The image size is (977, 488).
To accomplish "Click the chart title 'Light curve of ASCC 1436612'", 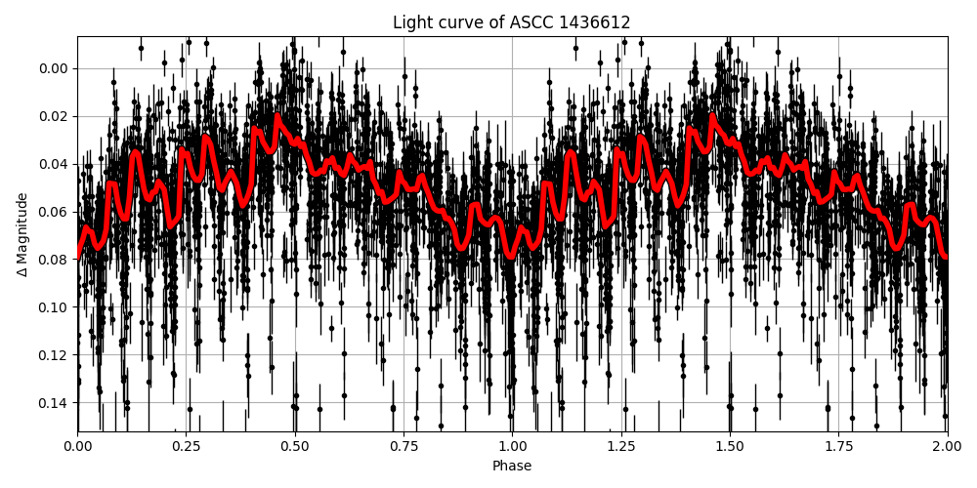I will (512, 22).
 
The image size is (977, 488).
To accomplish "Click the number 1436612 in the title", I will (596, 22).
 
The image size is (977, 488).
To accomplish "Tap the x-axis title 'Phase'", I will (512, 467).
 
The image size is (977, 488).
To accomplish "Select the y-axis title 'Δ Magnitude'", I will (22, 234).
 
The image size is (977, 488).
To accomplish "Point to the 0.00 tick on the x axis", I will (78, 446).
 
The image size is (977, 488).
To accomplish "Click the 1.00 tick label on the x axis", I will (512, 446).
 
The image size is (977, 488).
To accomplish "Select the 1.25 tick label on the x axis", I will (621, 446).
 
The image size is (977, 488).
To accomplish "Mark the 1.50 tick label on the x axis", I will (730, 446).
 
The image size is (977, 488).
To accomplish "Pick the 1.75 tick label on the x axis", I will (838, 446).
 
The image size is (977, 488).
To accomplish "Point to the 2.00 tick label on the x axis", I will (947, 446).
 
